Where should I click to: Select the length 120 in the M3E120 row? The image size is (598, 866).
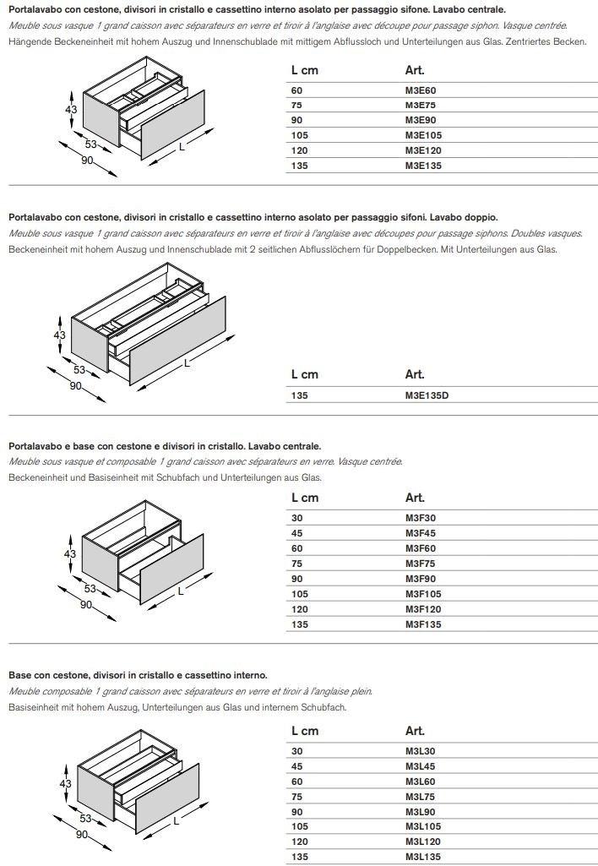coord(300,150)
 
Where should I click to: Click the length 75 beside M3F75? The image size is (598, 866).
coord(296,564)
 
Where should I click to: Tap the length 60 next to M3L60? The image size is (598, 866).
coord(296,782)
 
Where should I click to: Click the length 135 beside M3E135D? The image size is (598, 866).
coord(300,395)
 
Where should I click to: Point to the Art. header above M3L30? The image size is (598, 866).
coord(415,731)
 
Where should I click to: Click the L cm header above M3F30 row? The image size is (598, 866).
coord(305,498)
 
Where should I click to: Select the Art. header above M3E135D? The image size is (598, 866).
coord(415,374)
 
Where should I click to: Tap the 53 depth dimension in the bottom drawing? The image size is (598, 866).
coord(85,819)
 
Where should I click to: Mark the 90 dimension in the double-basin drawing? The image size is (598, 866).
coord(75,387)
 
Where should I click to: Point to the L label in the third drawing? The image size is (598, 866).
coord(180,591)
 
